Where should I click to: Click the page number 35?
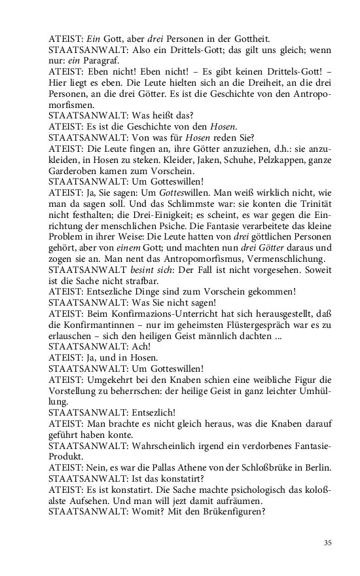tap(328, 542)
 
